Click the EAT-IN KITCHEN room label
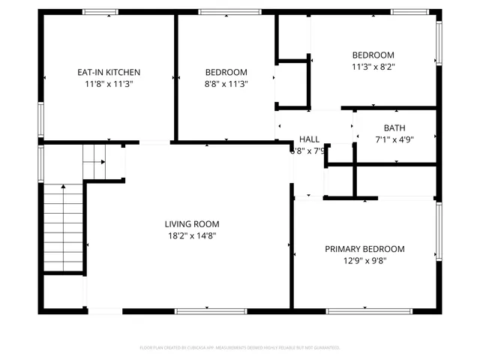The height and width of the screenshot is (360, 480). pos(109,72)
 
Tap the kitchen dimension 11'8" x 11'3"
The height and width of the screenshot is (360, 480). pos(109,84)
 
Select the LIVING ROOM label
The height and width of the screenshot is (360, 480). pos(192,223)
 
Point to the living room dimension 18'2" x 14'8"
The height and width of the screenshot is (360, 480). pos(192,235)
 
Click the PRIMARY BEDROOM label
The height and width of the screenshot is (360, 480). pos(364,249)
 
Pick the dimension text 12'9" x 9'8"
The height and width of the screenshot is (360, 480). pos(364,261)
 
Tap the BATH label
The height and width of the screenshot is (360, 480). pos(394,127)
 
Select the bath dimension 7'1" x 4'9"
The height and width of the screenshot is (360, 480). pos(394,139)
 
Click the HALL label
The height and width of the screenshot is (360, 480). pos(309,139)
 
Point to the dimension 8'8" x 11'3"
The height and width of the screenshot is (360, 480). pos(226,84)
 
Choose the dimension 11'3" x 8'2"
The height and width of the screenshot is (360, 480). pos(373,67)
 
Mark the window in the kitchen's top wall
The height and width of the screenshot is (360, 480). pos(100,12)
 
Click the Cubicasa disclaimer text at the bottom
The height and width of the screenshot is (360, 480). pos(240,348)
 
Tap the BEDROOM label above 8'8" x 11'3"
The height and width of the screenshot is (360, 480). pos(226,72)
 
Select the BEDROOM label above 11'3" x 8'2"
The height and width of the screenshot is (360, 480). pos(373,55)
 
